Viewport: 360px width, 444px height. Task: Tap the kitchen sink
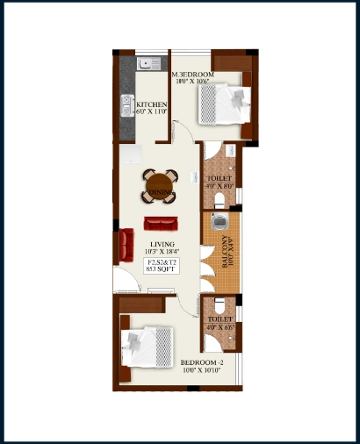pos(146,64)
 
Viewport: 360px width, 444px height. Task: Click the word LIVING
pos(162,244)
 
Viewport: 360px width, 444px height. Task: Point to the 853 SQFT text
pos(161,270)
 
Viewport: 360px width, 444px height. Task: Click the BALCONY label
pos(226,250)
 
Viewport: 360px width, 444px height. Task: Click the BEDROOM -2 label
pos(203,362)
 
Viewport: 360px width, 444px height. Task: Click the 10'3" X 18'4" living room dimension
pos(162,253)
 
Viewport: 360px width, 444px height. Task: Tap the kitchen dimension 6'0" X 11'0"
pos(151,112)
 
